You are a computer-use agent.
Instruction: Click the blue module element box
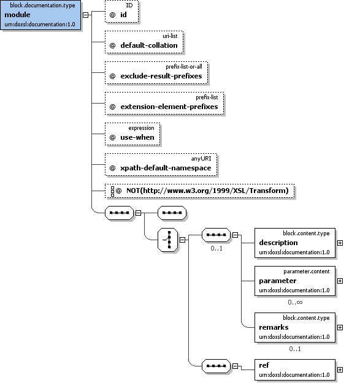[x=40, y=15]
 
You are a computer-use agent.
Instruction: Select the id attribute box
[x=121, y=12]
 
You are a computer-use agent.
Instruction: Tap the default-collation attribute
[x=144, y=42]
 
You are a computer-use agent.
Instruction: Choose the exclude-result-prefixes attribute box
[x=156, y=73]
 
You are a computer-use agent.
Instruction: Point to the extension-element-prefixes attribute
[x=164, y=104]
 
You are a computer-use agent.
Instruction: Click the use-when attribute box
[x=132, y=134]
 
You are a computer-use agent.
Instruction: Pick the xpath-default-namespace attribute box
[x=161, y=165]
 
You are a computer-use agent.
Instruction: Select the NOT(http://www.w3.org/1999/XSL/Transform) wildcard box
[x=200, y=191]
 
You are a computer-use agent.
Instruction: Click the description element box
[x=295, y=243]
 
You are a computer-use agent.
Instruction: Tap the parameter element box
[x=295, y=281]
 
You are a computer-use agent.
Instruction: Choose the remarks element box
[x=295, y=328]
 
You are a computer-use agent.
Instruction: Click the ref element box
[x=295, y=370]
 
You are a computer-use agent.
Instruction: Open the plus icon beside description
[x=340, y=243]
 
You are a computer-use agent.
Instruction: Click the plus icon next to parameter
[x=340, y=281]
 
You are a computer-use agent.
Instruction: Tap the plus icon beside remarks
[x=340, y=328]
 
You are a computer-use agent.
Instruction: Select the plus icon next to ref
[x=340, y=370]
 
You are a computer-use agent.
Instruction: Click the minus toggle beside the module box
[x=85, y=15]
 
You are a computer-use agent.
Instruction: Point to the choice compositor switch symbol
[x=168, y=240]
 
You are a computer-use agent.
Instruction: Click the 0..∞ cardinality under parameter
[x=295, y=302]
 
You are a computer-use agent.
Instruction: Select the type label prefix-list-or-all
[x=184, y=67]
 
